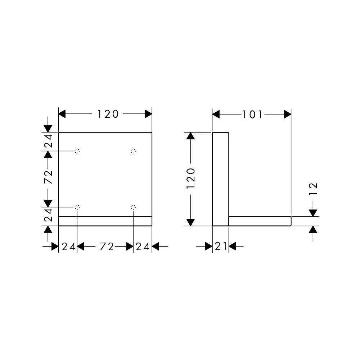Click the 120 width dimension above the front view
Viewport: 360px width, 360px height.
[x=108, y=114]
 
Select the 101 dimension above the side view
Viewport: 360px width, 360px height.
[x=252, y=114]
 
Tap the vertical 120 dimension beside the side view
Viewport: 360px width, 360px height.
[x=191, y=179]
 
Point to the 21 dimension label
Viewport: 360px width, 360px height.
[x=221, y=246]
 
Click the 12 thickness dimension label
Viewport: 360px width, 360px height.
[x=313, y=189]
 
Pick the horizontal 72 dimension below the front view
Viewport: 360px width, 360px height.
[x=107, y=247]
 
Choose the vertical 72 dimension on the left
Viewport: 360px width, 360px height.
[x=48, y=177]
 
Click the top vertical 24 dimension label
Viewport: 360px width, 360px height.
[x=48, y=141]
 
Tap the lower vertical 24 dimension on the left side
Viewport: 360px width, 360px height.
[x=48, y=215]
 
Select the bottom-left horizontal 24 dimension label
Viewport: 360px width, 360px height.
[x=69, y=247]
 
